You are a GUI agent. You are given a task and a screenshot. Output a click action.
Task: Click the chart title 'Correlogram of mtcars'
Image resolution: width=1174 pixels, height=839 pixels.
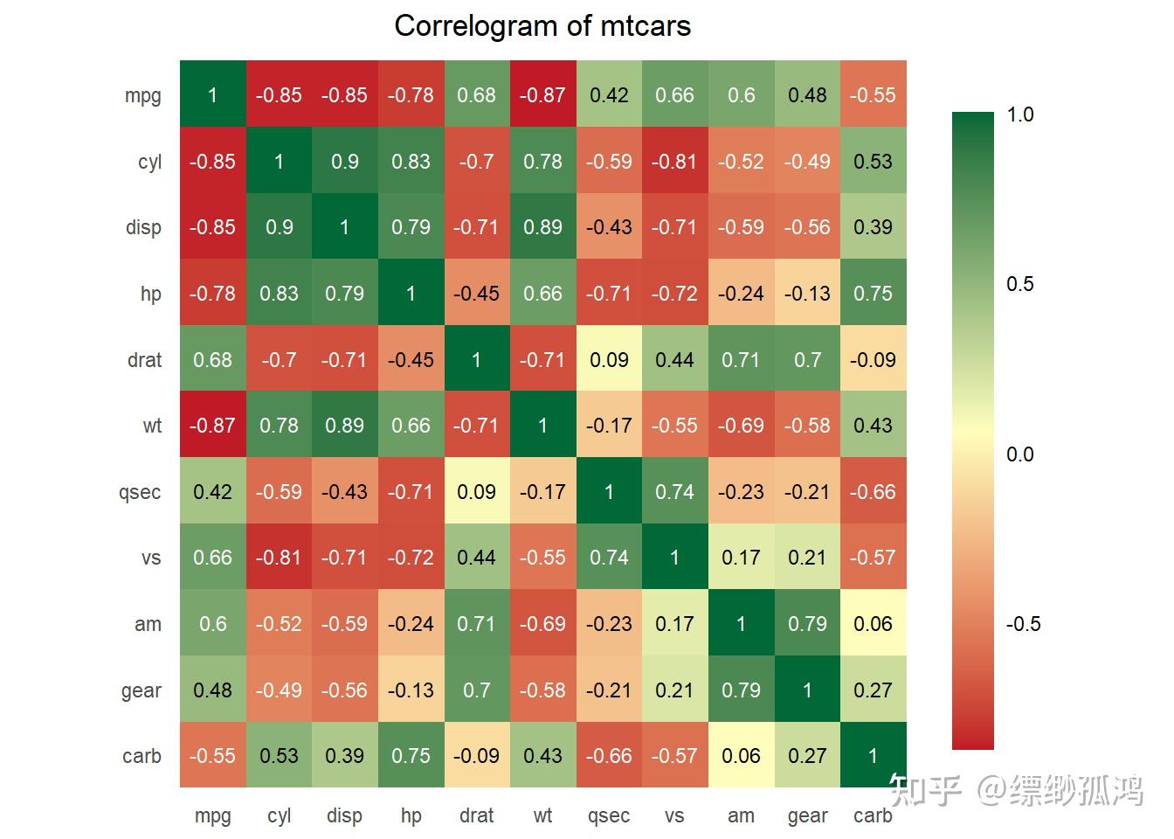click(x=542, y=26)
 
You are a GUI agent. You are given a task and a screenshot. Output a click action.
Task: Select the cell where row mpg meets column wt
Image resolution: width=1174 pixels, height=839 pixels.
click(x=542, y=94)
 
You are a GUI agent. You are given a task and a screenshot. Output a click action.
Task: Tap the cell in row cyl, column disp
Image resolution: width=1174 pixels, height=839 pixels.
click(x=344, y=161)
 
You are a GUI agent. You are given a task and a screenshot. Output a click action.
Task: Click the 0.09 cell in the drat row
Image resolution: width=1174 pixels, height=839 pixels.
click(x=609, y=359)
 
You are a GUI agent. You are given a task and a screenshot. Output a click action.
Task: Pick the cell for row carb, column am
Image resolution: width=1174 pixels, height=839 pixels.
click(x=741, y=755)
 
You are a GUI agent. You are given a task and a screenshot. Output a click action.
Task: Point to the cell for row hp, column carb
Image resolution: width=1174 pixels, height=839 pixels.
click(x=873, y=293)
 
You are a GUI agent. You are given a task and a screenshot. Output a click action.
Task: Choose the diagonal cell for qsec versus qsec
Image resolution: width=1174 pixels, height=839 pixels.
click(x=609, y=491)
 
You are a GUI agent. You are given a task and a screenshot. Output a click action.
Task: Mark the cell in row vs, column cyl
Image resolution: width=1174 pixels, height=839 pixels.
click(x=279, y=558)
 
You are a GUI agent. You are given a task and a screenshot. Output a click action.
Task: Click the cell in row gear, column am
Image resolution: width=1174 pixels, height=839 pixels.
click(x=741, y=690)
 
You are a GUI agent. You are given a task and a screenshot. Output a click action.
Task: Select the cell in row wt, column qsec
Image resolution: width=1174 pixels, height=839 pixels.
click(x=609, y=426)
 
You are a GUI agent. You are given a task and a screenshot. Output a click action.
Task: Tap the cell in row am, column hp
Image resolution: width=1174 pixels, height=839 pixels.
click(x=411, y=624)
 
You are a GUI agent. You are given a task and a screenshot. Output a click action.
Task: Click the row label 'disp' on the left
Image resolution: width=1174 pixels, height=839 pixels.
click(x=143, y=227)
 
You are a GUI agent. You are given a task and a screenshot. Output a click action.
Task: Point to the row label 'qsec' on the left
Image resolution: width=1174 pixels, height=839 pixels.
click(x=140, y=492)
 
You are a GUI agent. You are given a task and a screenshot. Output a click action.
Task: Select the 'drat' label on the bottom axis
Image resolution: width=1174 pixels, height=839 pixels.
click(x=476, y=815)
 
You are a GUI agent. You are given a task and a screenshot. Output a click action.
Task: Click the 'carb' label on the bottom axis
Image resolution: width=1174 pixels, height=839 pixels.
click(x=873, y=815)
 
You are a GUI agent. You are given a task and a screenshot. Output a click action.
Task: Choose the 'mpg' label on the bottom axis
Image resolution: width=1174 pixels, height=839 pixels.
click(x=212, y=815)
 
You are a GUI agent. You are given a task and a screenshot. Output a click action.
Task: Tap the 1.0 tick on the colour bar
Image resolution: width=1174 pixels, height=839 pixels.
click(x=1019, y=114)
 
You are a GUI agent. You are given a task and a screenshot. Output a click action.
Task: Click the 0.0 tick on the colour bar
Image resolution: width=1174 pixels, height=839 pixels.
click(x=1019, y=454)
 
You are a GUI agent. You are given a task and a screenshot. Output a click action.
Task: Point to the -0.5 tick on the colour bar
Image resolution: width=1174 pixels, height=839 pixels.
click(x=1022, y=624)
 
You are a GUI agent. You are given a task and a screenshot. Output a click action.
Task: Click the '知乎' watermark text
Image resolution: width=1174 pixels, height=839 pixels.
click(x=924, y=790)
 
